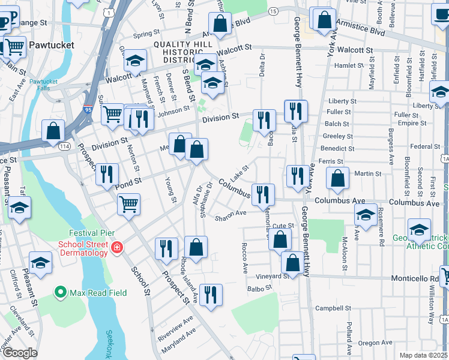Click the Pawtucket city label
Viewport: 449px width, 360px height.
pos(51,45)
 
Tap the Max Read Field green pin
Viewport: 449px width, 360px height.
pos(60,292)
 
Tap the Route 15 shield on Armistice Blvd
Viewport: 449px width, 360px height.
pos(273,11)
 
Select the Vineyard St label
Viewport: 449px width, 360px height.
pos(271,276)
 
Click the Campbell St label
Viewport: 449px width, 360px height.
pos(333,308)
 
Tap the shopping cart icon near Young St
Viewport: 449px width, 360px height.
pos(128,204)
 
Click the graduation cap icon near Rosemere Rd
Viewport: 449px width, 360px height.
pos(366,214)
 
